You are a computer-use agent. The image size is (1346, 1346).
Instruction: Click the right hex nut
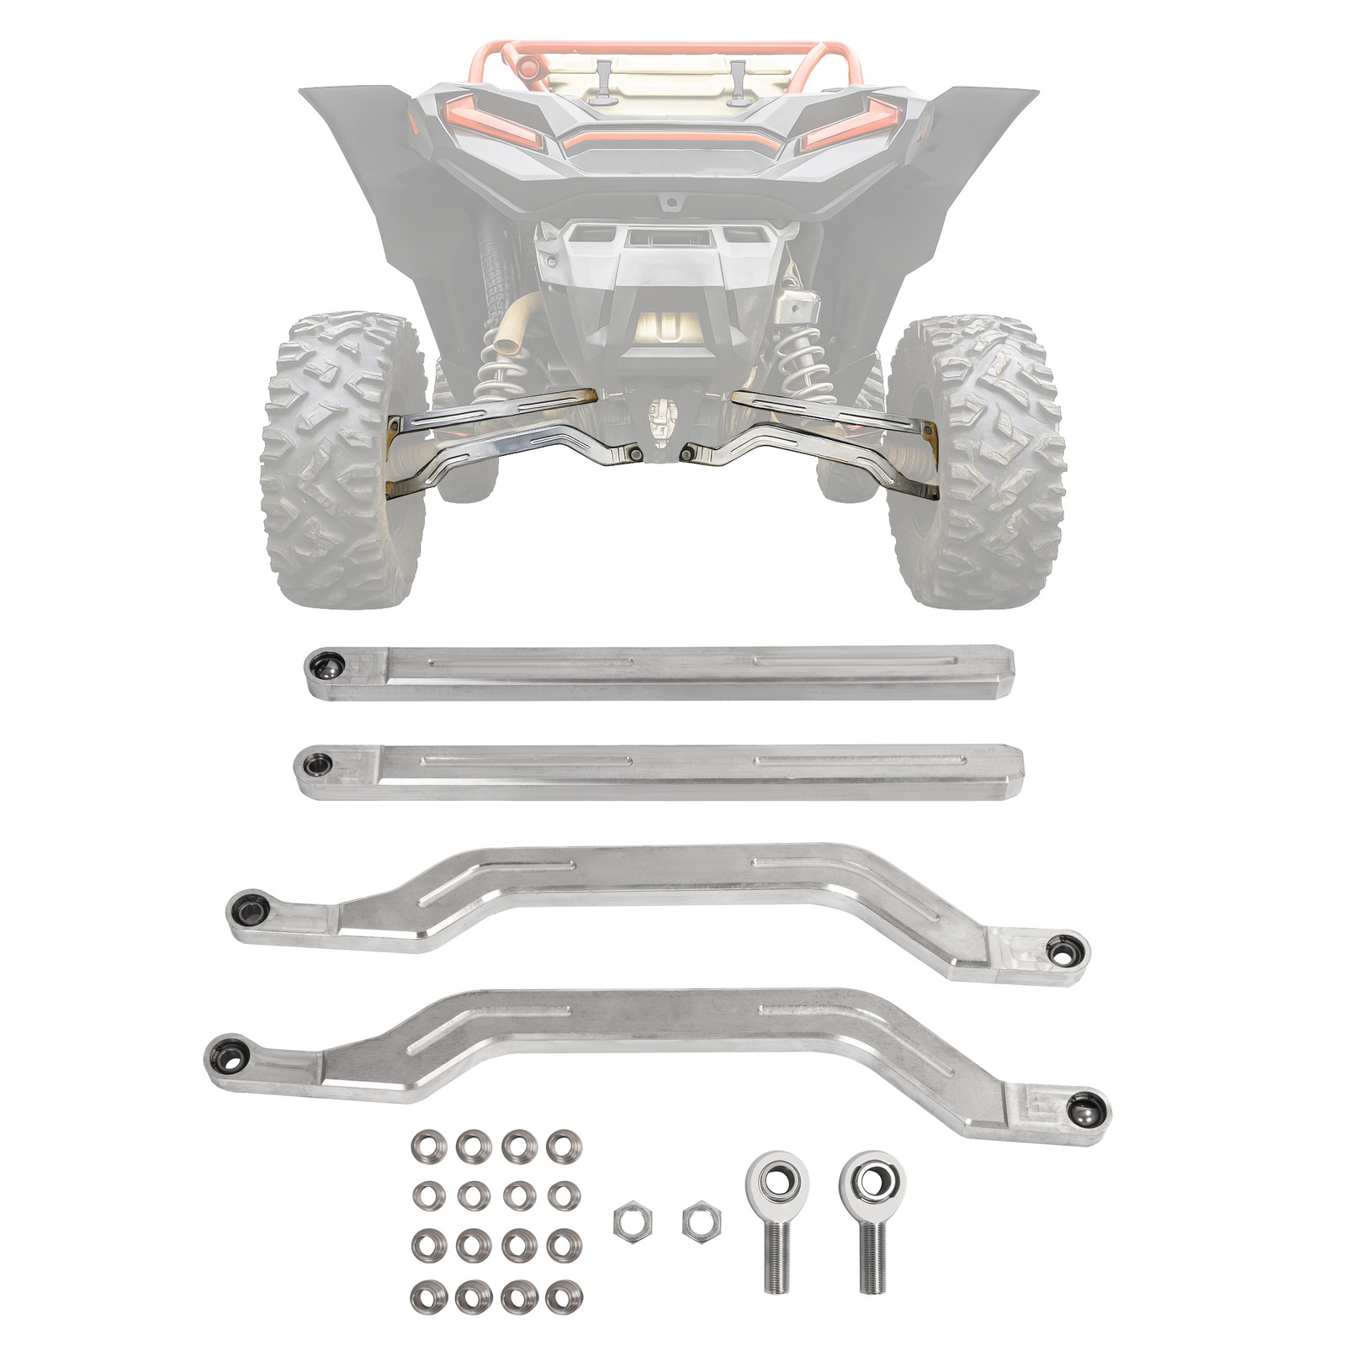(x=698, y=1222)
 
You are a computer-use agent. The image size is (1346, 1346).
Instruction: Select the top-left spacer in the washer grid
(x=428, y=1145)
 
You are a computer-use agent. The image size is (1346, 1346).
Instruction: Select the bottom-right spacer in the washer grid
(x=564, y=1296)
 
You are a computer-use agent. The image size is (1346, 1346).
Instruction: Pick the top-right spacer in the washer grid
(x=564, y=1145)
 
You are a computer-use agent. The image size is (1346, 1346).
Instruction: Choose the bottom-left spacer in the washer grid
(x=428, y=1296)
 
